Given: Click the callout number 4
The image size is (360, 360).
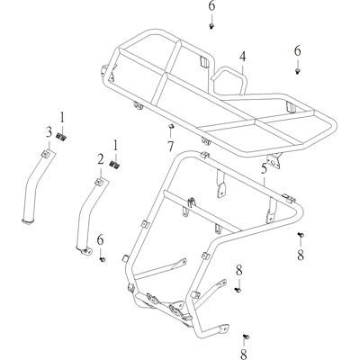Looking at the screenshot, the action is click(242, 57).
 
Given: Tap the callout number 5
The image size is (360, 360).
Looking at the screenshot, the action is click(264, 168).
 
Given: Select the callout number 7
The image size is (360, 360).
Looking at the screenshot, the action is click(170, 146).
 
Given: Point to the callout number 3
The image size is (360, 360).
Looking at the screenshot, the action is click(49, 132).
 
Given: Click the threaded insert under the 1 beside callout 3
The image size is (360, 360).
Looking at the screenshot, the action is click(62, 137).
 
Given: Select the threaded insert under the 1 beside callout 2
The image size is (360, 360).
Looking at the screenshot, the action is click(115, 165).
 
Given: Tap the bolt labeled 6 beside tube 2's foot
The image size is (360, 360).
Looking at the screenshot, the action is click(102, 258).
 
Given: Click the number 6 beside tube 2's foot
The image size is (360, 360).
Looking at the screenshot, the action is click(100, 239).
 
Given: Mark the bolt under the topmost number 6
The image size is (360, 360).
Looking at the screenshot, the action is click(211, 26).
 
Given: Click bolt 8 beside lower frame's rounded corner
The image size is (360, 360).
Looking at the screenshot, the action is click(301, 235).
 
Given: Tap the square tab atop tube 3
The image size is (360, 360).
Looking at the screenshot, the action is click(46, 154).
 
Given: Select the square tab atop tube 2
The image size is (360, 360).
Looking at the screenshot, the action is click(99, 182).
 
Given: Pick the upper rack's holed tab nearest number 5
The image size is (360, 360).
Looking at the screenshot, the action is click(274, 160).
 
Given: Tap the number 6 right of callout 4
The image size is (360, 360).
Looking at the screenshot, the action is click(297, 51).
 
